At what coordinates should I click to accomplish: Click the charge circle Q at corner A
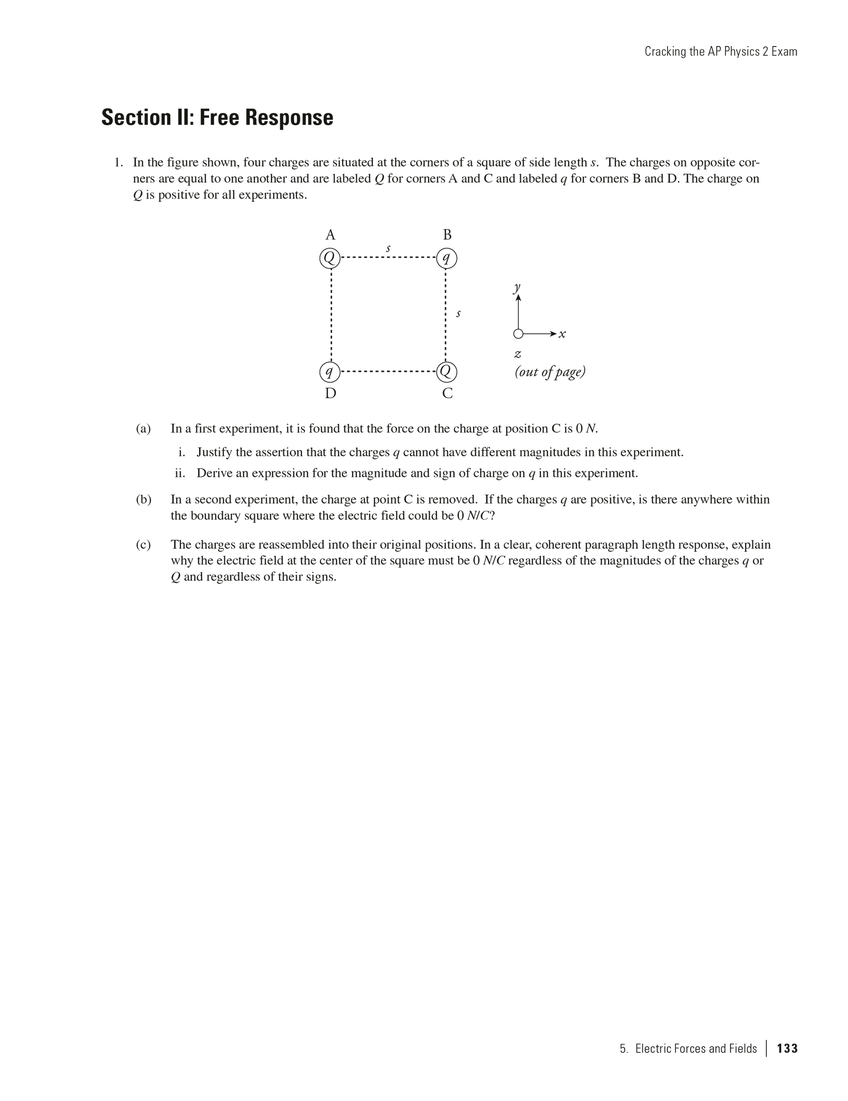click(330, 258)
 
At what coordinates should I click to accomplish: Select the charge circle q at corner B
click(447, 258)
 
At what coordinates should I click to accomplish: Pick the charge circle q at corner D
click(330, 371)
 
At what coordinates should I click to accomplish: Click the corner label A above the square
click(330, 235)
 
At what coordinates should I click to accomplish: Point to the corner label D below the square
click(330, 394)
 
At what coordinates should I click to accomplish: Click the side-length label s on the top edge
click(388, 248)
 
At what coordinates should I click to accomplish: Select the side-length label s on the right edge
click(458, 313)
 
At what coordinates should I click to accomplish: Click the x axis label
click(563, 334)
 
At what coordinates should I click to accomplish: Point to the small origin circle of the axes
click(518, 334)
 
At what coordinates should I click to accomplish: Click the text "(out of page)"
click(550, 372)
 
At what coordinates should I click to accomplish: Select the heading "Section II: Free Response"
click(217, 117)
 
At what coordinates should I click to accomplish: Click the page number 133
click(787, 1048)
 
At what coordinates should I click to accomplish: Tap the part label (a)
click(143, 429)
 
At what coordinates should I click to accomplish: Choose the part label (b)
click(143, 500)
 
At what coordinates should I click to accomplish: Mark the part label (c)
click(143, 545)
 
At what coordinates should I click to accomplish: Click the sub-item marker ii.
click(179, 473)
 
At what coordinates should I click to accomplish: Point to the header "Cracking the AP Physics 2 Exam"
click(720, 52)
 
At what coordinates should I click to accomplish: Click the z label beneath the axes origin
click(518, 354)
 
